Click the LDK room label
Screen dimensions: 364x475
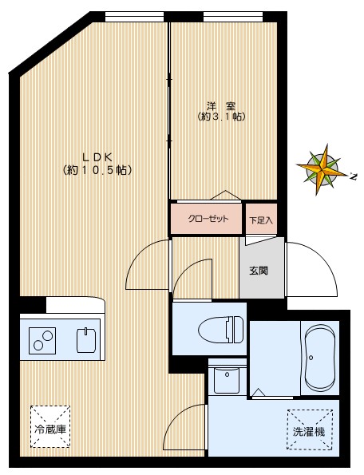[x=97, y=157]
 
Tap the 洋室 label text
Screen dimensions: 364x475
[x=221, y=106]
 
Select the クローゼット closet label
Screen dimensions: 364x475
[x=208, y=219]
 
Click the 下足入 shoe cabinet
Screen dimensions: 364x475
[x=261, y=219]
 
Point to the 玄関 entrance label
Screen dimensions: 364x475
[x=259, y=270]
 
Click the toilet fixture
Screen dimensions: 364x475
[x=221, y=329]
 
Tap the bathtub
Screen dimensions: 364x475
[x=320, y=358]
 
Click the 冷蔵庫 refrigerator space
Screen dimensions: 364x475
[x=50, y=427]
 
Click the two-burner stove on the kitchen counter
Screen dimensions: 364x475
[x=42, y=340]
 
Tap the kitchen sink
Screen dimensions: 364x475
[x=86, y=340]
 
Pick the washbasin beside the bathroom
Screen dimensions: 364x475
[x=227, y=380]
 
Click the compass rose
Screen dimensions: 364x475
[x=322, y=169]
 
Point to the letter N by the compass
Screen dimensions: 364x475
[x=353, y=176]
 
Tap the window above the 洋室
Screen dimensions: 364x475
[x=232, y=17]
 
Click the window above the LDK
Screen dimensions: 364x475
[x=134, y=17]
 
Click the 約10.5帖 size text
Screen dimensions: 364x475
[x=97, y=170]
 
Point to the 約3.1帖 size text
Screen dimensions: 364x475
[x=221, y=117]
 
